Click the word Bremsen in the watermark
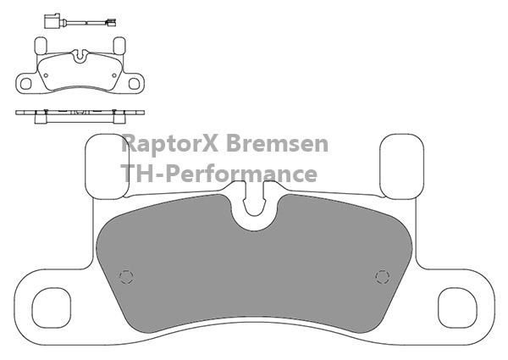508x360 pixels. pos(277,143)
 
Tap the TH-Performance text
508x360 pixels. pos(218,174)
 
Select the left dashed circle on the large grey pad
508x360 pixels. pos(126,277)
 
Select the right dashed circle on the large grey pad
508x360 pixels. pos(383,277)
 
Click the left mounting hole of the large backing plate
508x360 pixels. pos(51,307)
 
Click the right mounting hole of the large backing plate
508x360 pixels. pos(457,307)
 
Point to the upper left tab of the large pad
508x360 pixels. pos(107,166)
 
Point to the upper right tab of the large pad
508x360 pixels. pos(401,166)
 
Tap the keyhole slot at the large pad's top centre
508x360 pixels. pos(254,199)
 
